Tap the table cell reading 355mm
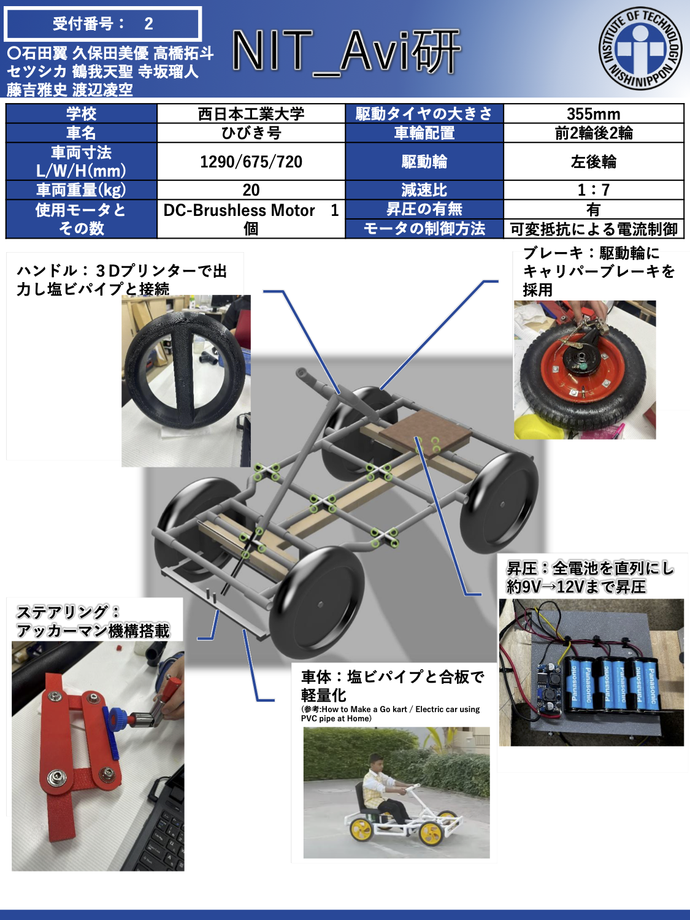click(x=593, y=113)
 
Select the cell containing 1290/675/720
click(x=251, y=162)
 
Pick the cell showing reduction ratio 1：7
click(x=593, y=190)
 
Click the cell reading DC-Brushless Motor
click(x=251, y=219)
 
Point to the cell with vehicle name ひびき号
click(x=251, y=133)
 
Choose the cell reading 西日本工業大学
click(x=251, y=113)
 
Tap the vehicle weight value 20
click(x=251, y=190)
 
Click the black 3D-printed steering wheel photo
click(x=186, y=381)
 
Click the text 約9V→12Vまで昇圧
click(x=576, y=587)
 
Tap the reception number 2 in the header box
click(x=148, y=24)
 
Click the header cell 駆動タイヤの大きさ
click(x=424, y=113)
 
